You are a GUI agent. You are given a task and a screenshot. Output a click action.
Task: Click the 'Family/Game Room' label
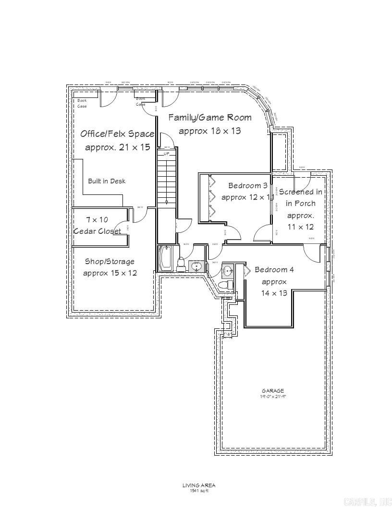click(210, 117)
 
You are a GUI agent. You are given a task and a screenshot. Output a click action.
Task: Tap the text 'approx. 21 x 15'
click(117, 147)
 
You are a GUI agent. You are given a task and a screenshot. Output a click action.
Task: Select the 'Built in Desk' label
click(107, 181)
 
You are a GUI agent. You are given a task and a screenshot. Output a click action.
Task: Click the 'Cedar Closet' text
click(98, 231)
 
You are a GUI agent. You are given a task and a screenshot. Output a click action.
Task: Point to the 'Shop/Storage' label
click(110, 262)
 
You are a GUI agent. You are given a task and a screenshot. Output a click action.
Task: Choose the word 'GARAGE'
click(273, 391)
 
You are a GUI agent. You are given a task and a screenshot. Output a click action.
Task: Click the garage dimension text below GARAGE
click(273, 397)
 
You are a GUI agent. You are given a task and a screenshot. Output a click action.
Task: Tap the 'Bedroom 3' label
click(248, 185)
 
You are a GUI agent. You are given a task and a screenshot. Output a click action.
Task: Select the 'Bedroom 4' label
click(274, 270)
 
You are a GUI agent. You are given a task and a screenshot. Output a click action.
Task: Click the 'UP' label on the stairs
click(167, 154)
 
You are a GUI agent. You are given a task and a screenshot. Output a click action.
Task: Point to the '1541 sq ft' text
click(199, 490)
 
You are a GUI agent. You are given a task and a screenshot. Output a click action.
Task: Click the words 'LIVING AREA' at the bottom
click(199, 485)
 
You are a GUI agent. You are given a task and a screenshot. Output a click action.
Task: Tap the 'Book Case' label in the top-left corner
click(82, 103)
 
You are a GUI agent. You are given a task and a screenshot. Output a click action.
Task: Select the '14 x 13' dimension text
click(274, 293)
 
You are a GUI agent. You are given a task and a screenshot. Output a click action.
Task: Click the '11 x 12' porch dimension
click(300, 227)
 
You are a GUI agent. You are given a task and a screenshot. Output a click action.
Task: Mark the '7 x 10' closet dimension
click(97, 219)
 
